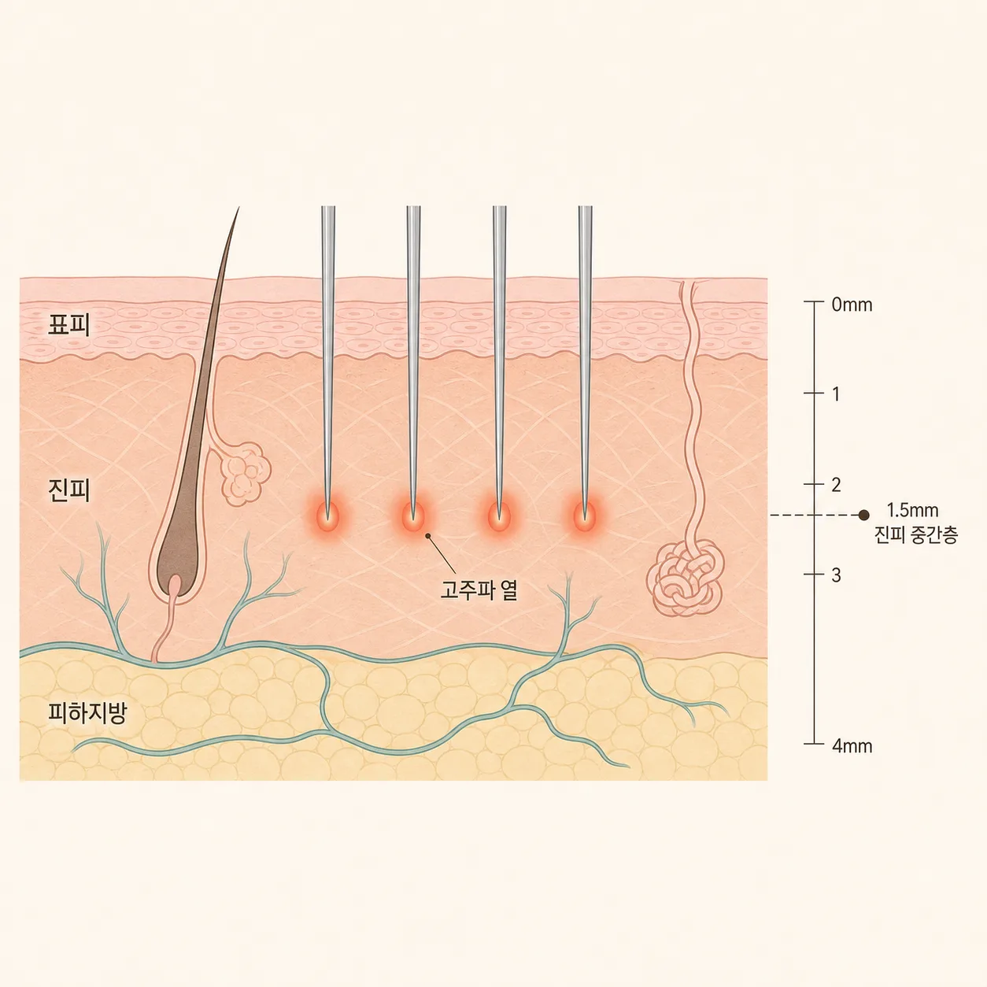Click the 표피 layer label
pyautogui.click(x=68, y=325)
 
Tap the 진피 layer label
pyautogui.click(x=68, y=490)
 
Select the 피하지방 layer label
pyautogui.click(x=87, y=712)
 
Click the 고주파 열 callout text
pyautogui.click(x=479, y=590)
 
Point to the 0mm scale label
pyautogui.click(x=852, y=305)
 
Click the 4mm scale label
pyautogui.click(x=852, y=745)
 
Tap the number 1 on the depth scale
pyautogui.click(x=836, y=394)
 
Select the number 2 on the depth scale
pyautogui.click(x=836, y=485)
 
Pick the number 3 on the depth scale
pyautogui.click(x=836, y=575)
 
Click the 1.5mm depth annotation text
pyautogui.click(x=912, y=510)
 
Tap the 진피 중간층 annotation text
pyautogui.click(x=916, y=535)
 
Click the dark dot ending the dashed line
pyautogui.click(x=863, y=515)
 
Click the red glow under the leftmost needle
pyautogui.click(x=327, y=516)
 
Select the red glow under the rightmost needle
pyautogui.click(x=585, y=516)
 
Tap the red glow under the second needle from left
pyautogui.click(x=413, y=516)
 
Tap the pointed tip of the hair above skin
pyautogui.click(x=238, y=208)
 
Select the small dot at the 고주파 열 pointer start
pyautogui.click(x=427, y=536)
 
